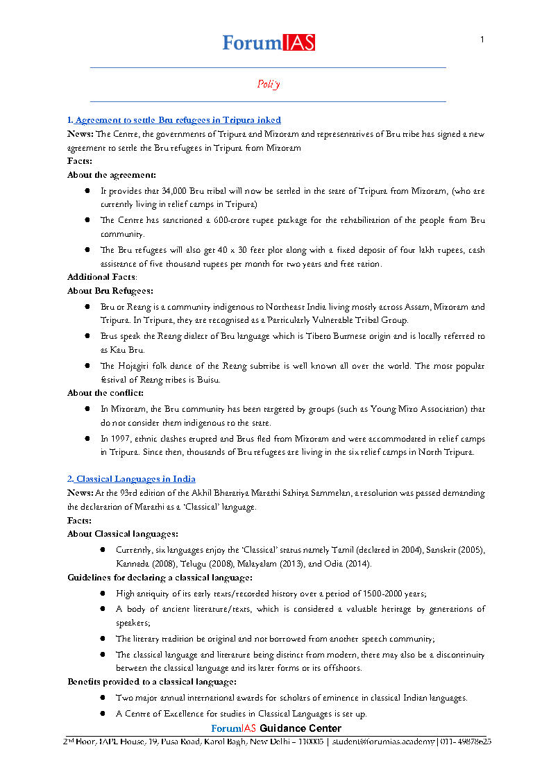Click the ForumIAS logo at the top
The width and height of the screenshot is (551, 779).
(269, 42)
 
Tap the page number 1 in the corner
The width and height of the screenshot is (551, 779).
(482, 40)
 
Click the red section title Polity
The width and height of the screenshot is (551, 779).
(269, 84)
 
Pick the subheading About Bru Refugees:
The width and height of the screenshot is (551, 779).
(110, 291)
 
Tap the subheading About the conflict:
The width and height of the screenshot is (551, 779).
(105, 393)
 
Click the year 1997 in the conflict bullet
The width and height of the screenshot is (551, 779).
(119, 439)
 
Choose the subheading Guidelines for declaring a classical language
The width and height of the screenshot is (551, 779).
(160, 578)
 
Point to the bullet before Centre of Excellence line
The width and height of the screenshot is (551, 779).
(102, 714)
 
